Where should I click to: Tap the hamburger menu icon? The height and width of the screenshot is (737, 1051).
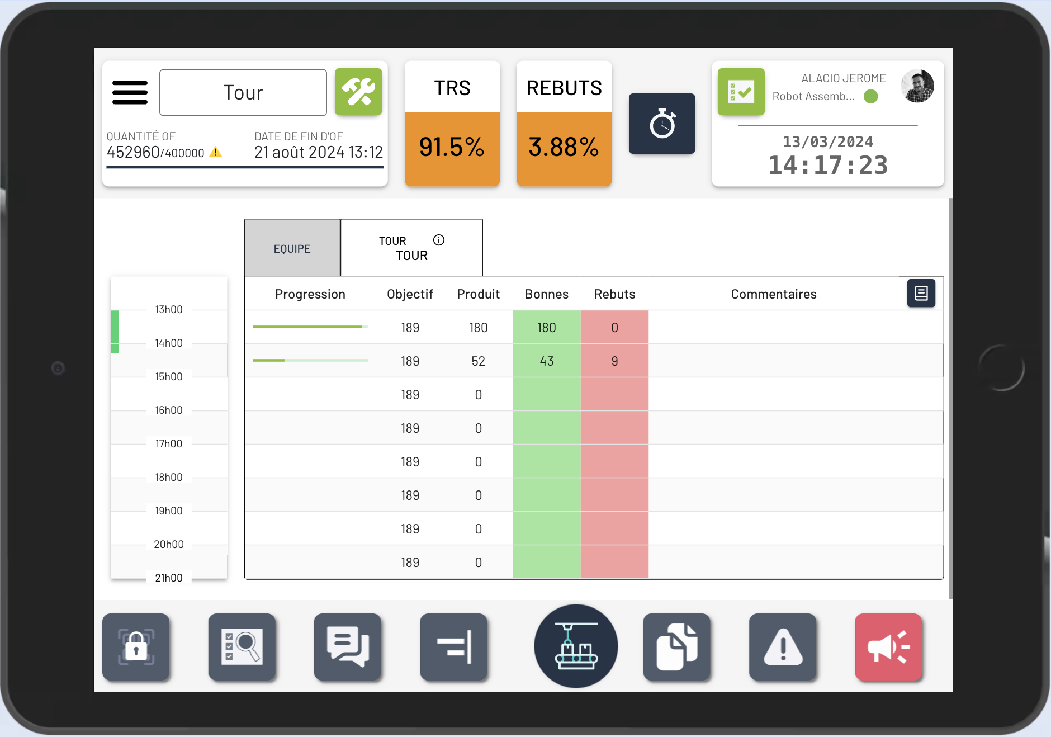pos(130,93)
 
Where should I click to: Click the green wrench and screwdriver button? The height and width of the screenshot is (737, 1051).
pos(358,92)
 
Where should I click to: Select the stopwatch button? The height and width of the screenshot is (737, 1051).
pos(662,124)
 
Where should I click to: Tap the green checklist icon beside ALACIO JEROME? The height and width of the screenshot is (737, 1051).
pos(741,92)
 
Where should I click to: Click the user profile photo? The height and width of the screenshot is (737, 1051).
pos(917,86)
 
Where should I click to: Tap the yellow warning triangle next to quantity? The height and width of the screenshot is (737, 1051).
pos(216,152)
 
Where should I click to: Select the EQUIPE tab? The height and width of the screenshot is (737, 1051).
pos(292,249)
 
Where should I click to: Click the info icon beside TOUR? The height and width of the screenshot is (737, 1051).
pos(439,240)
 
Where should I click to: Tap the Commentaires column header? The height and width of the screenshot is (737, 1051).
pos(773,294)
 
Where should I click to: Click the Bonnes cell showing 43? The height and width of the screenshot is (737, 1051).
pos(546,361)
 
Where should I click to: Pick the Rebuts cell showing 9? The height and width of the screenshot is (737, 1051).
pos(614,361)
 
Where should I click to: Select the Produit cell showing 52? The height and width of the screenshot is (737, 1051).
pos(478,361)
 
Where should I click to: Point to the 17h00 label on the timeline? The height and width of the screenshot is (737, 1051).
pos(168,443)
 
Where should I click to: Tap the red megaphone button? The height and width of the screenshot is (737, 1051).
pos(888,647)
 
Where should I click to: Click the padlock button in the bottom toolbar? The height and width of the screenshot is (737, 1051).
pos(136,647)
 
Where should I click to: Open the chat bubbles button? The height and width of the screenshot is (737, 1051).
pos(347,647)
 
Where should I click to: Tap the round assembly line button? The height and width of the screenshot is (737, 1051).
pos(576,646)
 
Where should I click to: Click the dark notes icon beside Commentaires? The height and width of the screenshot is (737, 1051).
pos(921,293)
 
